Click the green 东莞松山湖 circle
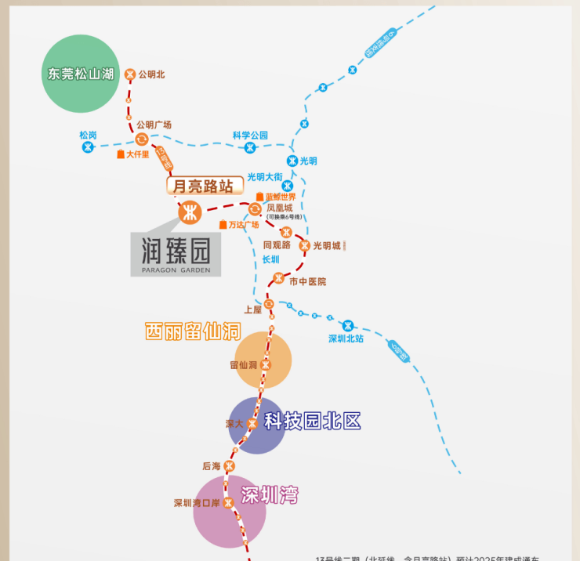pos(80,74)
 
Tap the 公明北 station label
pos(151,75)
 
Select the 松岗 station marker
pos(89,147)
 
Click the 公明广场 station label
pos(154,125)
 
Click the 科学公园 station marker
pos(250,147)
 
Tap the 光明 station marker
pos(292,161)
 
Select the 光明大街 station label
pos(264,176)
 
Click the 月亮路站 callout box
pos(203,186)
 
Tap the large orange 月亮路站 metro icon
pos(190,212)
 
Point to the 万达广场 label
pos(243,225)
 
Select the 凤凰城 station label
pos(280,208)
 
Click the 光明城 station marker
pos(304,246)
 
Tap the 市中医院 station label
pos(307,281)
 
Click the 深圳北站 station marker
pos(348,325)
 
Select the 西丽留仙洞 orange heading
pos(192,331)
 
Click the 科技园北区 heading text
pos(312,421)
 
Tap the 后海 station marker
pos(230,466)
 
